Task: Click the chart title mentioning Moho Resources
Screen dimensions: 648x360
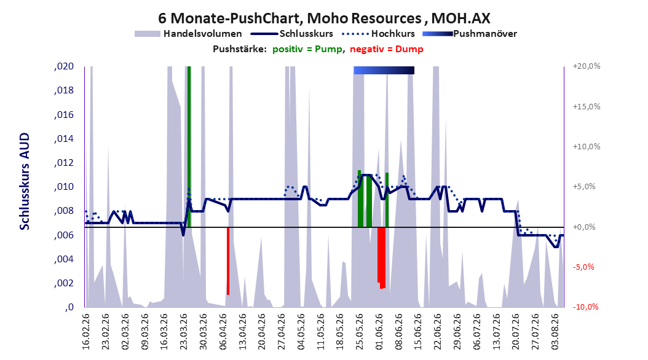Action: pos(324,18)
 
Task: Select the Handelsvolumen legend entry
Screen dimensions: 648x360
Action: pos(189,34)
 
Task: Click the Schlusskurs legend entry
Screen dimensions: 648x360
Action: pos(292,34)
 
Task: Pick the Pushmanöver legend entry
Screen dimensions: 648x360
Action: pos(470,34)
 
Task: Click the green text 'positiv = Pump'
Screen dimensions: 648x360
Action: pos(307,49)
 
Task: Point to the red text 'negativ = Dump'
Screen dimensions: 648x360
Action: pos(387,49)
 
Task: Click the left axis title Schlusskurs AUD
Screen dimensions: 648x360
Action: pos(25,181)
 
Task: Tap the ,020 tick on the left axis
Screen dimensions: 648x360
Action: pos(64,66)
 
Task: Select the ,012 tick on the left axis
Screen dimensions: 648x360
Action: pos(64,163)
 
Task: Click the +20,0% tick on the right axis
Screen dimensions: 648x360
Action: pos(587,66)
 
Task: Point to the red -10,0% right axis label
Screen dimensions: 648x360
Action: pos(585,307)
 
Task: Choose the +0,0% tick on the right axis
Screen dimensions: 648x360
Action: pos(584,227)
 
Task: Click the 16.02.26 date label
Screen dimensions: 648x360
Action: pos(85,332)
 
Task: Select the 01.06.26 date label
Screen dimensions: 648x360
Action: pos(379,332)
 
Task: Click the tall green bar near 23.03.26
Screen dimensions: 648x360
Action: pos(189,147)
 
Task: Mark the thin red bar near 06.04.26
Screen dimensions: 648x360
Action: pos(227,261)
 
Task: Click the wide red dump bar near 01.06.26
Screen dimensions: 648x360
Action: pos(381,257)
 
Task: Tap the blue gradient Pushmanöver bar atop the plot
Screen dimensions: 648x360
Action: pos(384,70)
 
